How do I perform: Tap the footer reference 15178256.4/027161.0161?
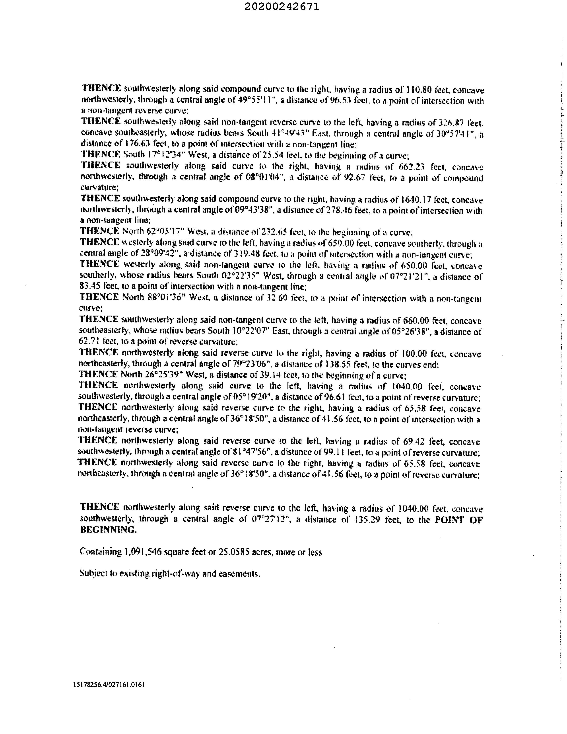[109, 685]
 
